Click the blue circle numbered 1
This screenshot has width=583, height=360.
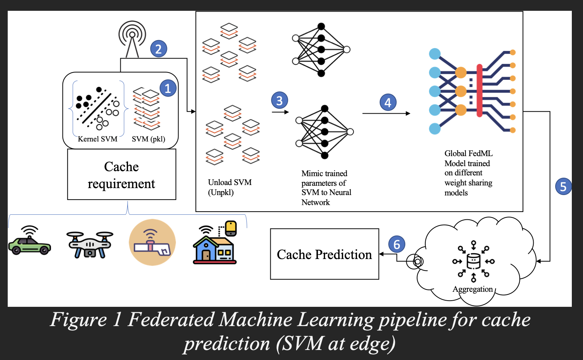[168, 88]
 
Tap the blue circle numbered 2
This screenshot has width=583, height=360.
[158, 49]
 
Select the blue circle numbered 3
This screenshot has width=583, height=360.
[280, 101]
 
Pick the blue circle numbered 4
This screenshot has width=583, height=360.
[388, 102]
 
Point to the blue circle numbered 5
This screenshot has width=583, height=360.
[563, 187]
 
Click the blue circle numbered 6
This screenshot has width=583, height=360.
[397, 244]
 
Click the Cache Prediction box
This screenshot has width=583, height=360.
[324, 254]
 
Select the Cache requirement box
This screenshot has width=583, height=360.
[121, 175]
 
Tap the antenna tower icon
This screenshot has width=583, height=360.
[132, 39]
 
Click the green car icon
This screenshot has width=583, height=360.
[29, 242]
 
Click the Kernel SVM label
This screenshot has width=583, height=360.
[98, 139]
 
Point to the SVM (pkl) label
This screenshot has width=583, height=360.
[148, 139]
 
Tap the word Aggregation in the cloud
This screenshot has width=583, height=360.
[472, 289]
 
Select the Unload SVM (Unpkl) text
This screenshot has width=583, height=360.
[229, 187]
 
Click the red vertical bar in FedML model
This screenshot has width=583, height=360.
[479, 91]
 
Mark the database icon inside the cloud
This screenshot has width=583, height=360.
[473, 261]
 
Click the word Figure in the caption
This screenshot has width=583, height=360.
[78, 320]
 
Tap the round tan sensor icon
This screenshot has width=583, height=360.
[152, 242]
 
